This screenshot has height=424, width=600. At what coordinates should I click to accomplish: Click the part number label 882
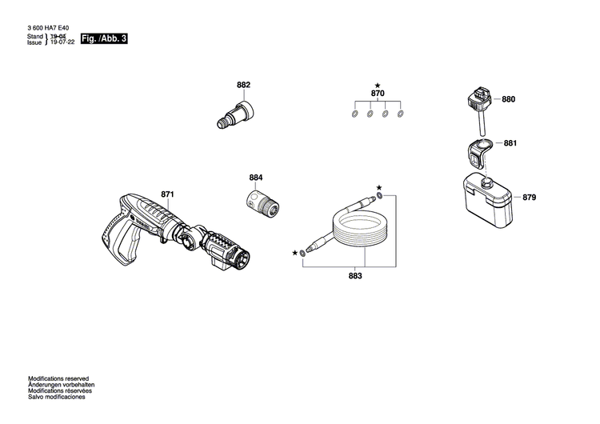coord(243,86)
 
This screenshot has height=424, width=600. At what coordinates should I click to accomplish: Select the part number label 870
coord(378,94)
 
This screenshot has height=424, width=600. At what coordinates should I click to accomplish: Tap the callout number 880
coord(509,100)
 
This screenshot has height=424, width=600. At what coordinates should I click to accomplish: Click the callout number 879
coord(508,196)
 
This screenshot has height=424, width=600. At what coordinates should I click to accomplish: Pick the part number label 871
coord(167,194)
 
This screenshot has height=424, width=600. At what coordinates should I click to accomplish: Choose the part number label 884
coord(255,177)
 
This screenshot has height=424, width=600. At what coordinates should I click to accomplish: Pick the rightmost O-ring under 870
coord(402,114)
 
